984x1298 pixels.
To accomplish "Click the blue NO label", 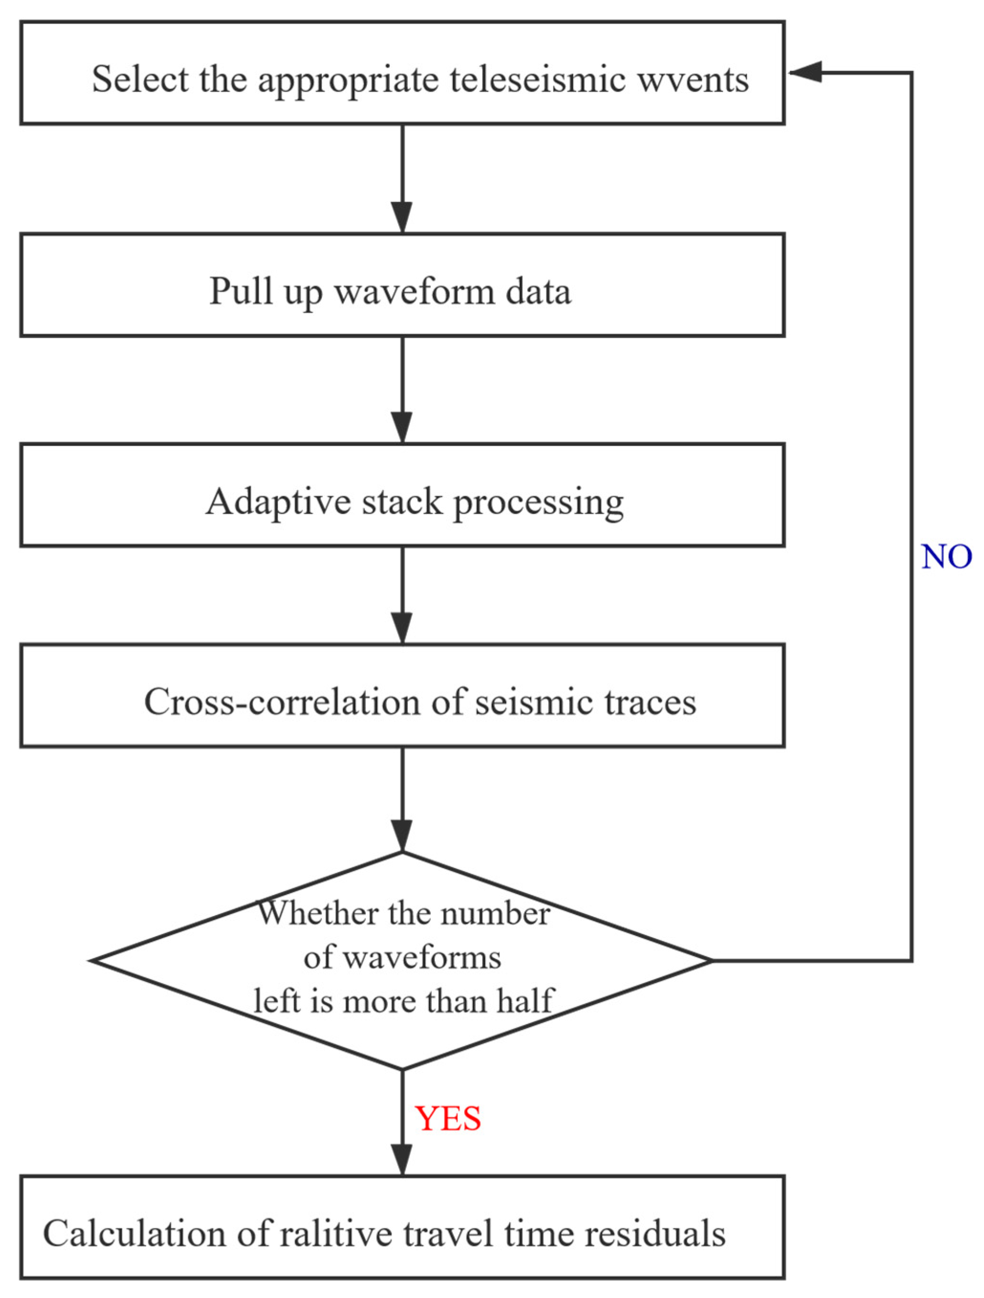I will [x=946, y=556].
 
